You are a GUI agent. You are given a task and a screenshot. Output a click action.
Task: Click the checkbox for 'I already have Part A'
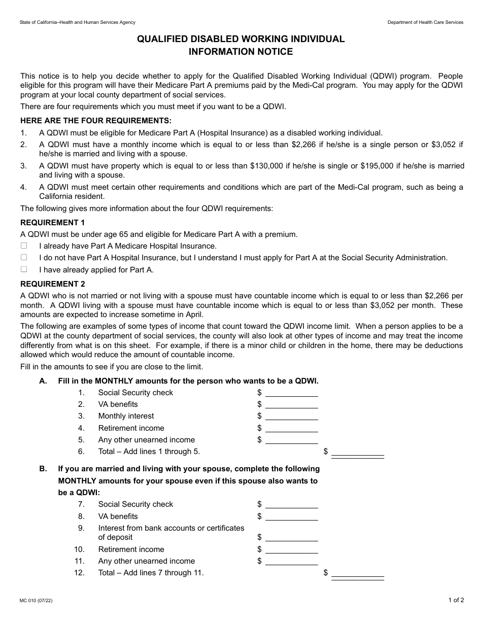click(24, 246)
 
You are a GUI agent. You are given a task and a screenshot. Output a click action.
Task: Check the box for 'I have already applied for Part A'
click(24, 269)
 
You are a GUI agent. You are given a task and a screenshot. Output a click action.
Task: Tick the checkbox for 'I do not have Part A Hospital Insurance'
click(24, 258)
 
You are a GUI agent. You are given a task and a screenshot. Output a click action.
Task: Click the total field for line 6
click(357, 452)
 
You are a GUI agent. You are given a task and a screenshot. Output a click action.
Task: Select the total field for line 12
click(357, 573)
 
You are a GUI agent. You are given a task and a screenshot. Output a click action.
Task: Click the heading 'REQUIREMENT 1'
click(53, 223)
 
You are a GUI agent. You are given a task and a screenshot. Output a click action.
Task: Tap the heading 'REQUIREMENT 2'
click(53, 284)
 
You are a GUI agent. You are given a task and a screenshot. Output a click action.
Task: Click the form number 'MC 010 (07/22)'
click(36, 601)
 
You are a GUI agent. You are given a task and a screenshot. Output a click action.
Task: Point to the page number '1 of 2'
click(456, 600)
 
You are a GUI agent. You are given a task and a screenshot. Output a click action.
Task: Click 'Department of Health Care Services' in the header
click(425, 22)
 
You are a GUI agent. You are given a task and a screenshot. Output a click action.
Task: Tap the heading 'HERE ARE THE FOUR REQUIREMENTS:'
click(96, 121)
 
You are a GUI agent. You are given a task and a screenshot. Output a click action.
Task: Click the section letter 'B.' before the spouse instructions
click(43, 469)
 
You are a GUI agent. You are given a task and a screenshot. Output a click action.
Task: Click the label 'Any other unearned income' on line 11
click(146, 561)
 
